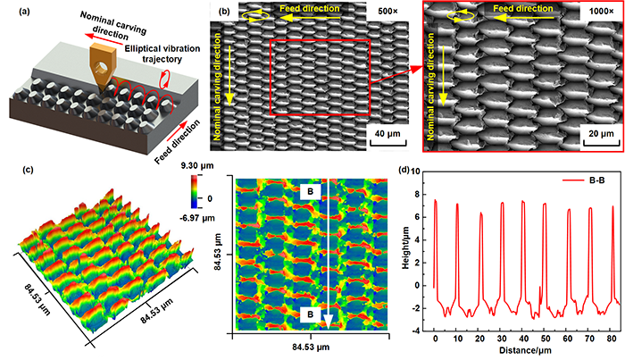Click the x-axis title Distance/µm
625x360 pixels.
[523, 353]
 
